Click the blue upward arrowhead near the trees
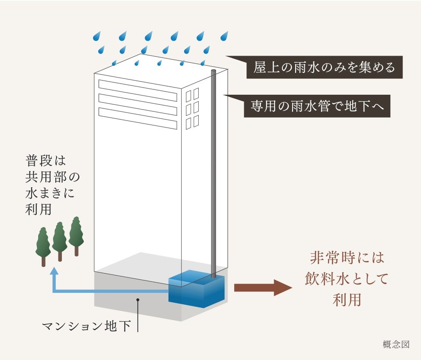coord(54,272)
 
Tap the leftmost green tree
coord(43,246)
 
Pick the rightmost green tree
coord(76,234)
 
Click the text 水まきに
coord(51,193)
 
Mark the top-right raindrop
coord(225,35)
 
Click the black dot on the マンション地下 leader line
coord(138,300)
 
